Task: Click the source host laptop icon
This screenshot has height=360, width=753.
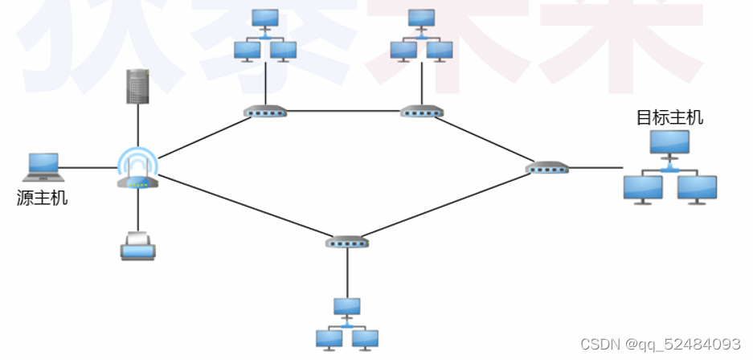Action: pos(42,166)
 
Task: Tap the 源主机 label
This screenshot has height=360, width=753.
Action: pos(42,198)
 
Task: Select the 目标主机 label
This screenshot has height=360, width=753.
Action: pos(669,117)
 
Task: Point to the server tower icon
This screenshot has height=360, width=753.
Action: pos(138,86)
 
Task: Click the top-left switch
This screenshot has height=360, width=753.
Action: pos(265,112)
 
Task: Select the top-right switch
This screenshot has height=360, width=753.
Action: pos(421,112)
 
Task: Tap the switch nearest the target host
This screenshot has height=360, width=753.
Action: pos(547,168)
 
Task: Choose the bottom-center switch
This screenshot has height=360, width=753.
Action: pos(347,241)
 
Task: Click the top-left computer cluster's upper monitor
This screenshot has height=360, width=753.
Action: pos(265,18)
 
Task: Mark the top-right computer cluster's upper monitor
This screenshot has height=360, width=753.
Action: pos(421,18)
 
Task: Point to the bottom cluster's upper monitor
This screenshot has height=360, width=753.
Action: pos(347,306)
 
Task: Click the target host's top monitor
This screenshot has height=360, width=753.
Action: pos(669,144)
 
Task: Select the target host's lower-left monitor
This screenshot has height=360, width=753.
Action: pos(643,188)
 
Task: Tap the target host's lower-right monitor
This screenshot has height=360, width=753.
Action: pos(696,188)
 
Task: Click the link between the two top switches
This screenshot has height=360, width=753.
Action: pos(343,112)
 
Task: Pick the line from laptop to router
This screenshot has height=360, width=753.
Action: pos(88,168)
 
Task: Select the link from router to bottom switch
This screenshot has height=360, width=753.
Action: pos(241,207)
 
